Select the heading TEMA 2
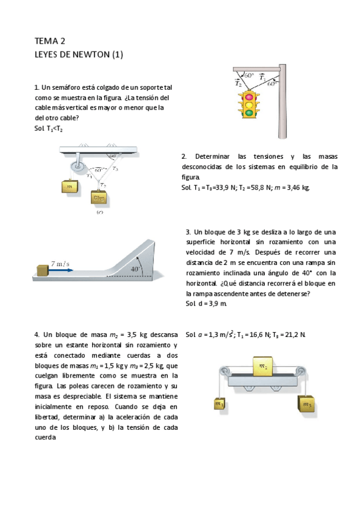[50, 41]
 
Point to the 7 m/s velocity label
[59, 264]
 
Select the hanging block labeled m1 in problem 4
[219, 404]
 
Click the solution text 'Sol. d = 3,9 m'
[206, 303]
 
